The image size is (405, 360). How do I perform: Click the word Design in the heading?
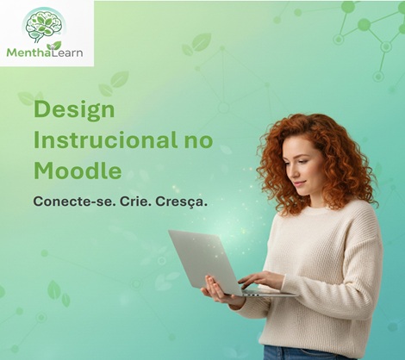pyautogui.click(x=74, y=110)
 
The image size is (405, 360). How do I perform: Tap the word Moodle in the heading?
pyautogui.click(x=78, y=170)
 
